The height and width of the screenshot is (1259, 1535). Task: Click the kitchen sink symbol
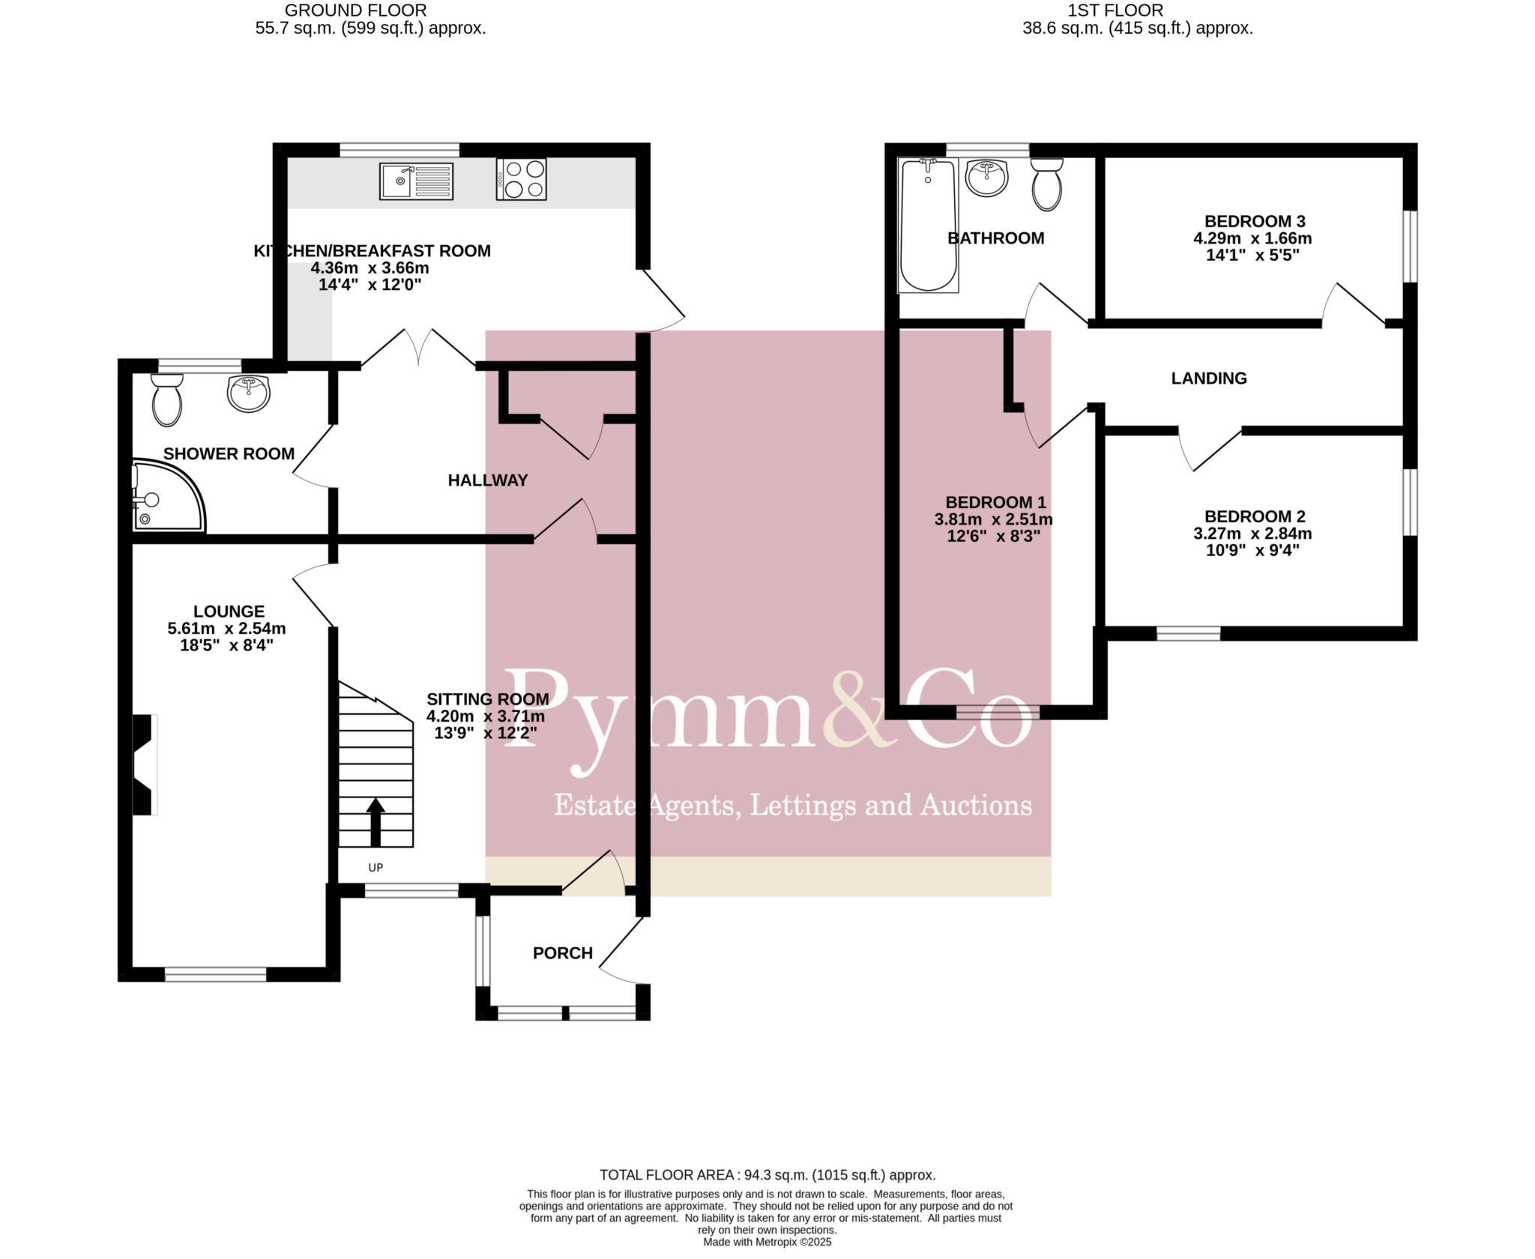(415, 181)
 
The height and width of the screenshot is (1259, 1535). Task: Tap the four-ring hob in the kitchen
(521, 179)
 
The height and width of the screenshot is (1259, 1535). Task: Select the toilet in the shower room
(166, 400)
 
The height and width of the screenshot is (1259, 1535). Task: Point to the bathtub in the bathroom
(928, 225)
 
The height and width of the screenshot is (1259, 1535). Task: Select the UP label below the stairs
(376, 868)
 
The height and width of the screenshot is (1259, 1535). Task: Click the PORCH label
(562, 953)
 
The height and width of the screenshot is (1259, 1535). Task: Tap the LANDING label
(1208, 378)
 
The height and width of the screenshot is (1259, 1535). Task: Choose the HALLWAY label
(487, 480)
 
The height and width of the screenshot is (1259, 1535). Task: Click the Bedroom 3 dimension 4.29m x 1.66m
(1252, 239)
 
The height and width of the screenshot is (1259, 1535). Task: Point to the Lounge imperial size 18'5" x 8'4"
(226, 645)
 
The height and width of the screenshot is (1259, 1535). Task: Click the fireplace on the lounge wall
(145, 764)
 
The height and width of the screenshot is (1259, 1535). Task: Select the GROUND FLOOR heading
(355, 10)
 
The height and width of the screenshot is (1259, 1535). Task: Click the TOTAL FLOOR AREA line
(767, 1175)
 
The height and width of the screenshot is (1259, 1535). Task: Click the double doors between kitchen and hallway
(418, 348)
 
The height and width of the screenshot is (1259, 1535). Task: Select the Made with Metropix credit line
(767, 1242)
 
